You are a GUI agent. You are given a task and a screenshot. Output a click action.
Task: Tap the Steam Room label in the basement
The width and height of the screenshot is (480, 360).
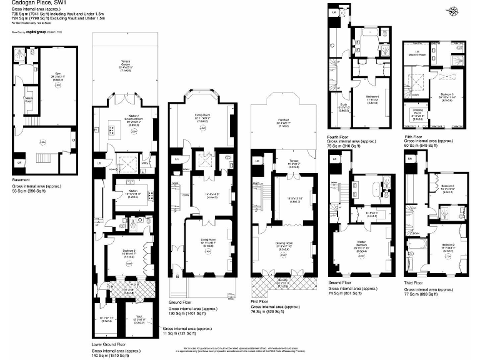(28, 99)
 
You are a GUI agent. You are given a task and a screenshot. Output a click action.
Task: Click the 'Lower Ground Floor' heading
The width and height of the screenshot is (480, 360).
(109, 344)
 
